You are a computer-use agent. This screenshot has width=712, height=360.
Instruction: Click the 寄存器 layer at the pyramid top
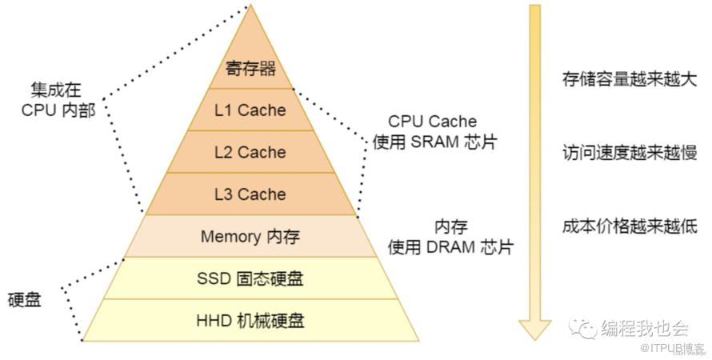[x=250, y=69]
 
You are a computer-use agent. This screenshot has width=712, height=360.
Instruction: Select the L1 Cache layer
[x=250, y=110]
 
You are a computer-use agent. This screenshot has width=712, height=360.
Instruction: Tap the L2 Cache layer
[x=250, y=152]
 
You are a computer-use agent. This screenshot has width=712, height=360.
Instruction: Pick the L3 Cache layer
[x=250, y=194]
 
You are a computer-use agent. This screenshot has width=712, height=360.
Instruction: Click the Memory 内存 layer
[x=250, y=236]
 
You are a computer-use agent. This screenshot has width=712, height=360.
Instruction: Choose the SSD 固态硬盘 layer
[x=250, y=278]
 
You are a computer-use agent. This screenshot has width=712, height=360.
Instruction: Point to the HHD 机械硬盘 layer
[x=250, y=321]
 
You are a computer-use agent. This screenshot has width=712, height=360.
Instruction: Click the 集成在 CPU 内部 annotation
[x=57, y=101]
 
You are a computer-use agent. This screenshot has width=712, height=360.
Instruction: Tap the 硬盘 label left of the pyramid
[x=25, y=300]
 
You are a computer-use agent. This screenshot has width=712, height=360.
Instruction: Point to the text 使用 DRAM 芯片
[x=450, y=247]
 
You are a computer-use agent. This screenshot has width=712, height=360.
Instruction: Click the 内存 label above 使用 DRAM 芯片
[x=450, y=227]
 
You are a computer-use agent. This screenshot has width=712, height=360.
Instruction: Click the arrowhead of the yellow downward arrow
[x=534, y=329]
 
